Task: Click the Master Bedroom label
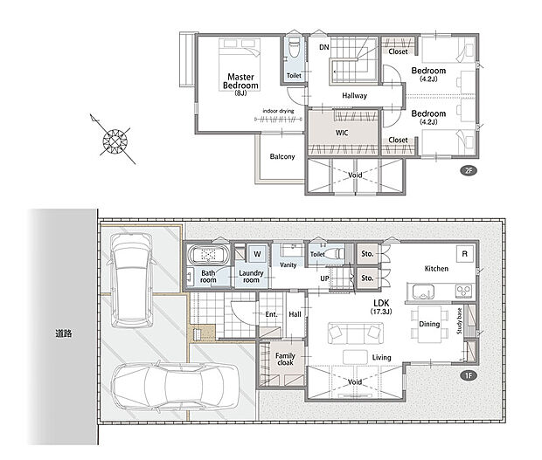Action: [x=240, y=81]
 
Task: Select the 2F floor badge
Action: [x=469, y=170]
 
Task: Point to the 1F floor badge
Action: [x=469, y=375]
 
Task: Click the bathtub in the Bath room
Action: [x=208, y=255]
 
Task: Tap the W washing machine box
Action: [x=258, y=254]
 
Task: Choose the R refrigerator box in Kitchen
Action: [x=464, y=254]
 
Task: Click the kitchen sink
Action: [x=423, y=292]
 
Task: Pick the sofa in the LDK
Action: [x=355, y=333]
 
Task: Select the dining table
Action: [x=429, y=324]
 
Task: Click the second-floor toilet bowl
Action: [x=294, y=48]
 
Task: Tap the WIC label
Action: [x=342, y=133]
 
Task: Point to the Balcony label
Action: [x=282, y=156]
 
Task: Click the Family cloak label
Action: [x=285, y=360]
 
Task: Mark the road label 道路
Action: [x=64, y=333]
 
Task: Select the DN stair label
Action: [x=323, y=47]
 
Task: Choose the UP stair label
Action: [x=324, y=278]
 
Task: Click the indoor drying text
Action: [x=278, y=111]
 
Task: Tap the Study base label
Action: [x=459, y=321]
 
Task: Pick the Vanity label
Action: [x=288, y=265]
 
